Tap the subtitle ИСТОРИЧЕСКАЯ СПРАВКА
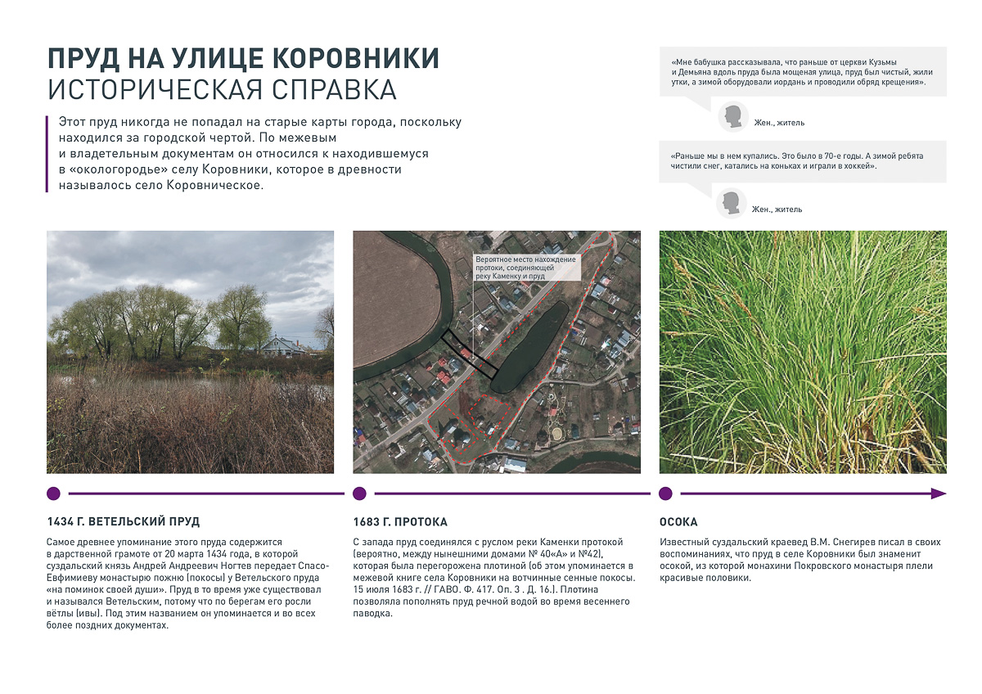tap(222, 89)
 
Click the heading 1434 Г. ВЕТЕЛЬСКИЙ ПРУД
tap(124, 522)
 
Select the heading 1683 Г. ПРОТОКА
tap(400, 522)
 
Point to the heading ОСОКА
tap(678, 522)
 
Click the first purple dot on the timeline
tap(53, 493)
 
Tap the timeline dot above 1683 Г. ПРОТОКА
tap(359, 493)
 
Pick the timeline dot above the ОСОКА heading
tap(665, 493)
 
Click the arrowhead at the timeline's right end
tap(939, 493)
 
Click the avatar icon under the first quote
tap(733, 116)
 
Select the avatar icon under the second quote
tap(731, 203)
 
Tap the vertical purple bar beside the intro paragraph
tap(48, 153)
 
